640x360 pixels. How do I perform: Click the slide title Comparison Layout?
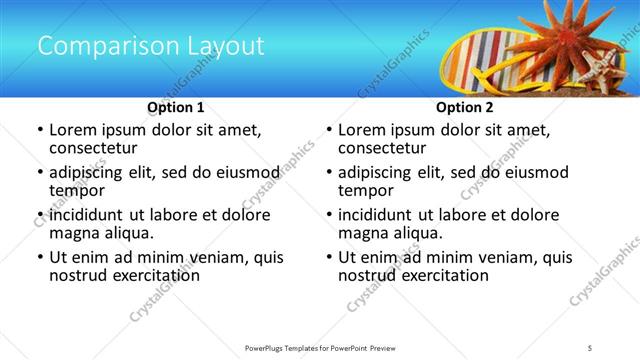[x=150, y=46]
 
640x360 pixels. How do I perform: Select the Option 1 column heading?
[x=176, y=107]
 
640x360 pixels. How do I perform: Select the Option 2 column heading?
[x=465, y=107]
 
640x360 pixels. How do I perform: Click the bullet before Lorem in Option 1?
[x=39, y=130]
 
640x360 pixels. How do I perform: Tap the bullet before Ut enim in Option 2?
[x=328, y=258]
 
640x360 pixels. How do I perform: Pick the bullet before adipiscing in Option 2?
[x=328, y=173]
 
